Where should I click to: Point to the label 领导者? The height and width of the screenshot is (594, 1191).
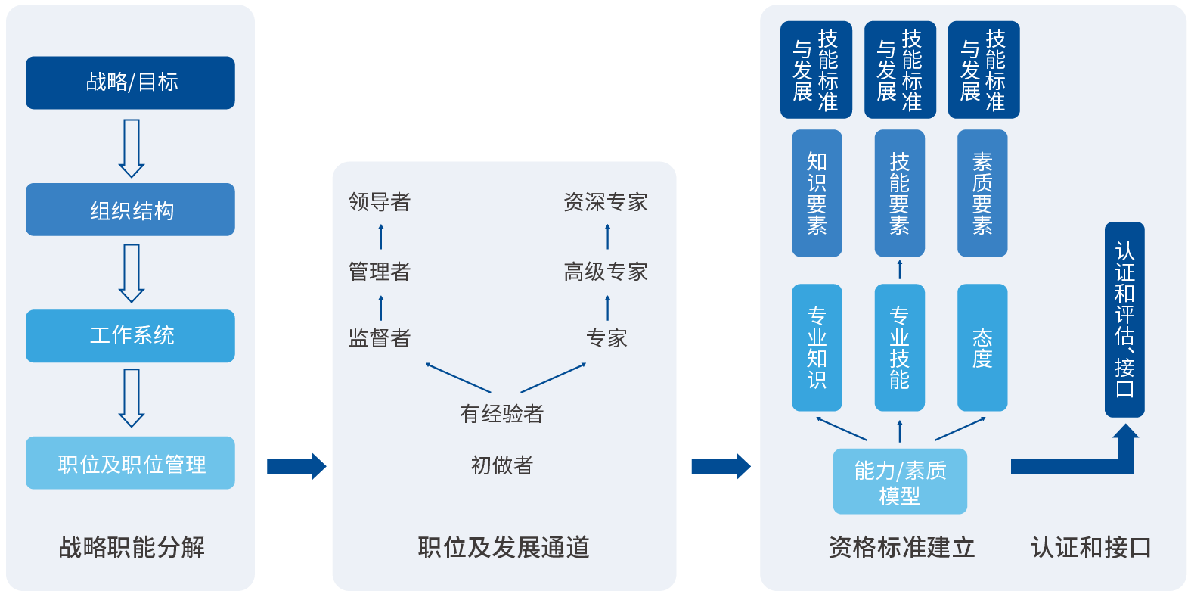(380, 202)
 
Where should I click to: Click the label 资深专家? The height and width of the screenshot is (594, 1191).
(606, 202)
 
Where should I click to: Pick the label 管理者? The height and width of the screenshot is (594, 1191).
(380, 272)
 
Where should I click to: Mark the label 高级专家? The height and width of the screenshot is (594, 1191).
(606, 272)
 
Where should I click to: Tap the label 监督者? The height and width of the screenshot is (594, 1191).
(380, 338)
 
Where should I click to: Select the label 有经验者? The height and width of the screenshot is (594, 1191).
(503, 414)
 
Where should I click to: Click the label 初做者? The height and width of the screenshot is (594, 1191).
(502, 465)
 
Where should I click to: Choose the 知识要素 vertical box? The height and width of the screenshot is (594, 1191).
(817, 194)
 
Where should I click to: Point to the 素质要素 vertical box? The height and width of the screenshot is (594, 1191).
(982, 194)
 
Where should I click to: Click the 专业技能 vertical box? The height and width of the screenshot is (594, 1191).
(899, 347)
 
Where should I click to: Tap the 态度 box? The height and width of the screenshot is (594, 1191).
(982, 347)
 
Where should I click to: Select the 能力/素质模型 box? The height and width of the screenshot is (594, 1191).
(900, 482)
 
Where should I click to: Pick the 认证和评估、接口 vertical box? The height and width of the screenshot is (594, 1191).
(1124, 319)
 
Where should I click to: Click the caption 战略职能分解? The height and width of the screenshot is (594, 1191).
(132, 547)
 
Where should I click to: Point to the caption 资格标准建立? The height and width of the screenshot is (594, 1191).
(901, 547)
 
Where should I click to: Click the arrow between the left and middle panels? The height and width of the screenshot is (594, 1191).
(296, 466)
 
